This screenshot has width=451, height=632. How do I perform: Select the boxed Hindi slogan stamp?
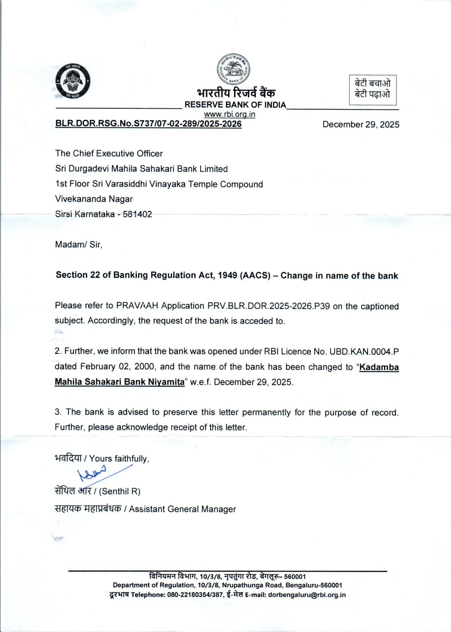(x=373, y=90)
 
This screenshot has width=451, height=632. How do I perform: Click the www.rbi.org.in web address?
(x=230, y=114)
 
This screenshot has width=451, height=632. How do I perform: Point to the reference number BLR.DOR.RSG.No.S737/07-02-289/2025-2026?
(x=149, y=124)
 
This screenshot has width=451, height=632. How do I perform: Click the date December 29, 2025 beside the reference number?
(x=361, y=124)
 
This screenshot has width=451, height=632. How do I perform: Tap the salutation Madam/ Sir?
(x=78, y=244)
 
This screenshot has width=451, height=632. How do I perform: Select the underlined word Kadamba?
(x=379, y=367)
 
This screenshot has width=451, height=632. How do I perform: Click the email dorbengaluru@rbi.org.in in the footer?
(x=307, y=595)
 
